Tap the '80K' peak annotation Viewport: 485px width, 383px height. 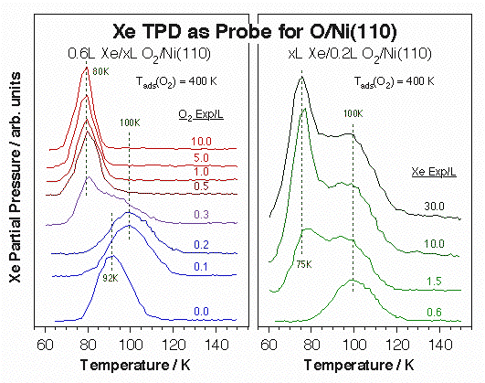87,69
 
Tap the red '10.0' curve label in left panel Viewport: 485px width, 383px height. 202,142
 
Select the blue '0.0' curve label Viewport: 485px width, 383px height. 202,312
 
